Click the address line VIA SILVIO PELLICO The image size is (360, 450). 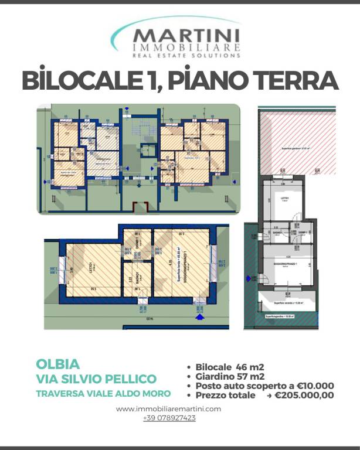96,379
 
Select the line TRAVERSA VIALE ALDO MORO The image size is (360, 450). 104,393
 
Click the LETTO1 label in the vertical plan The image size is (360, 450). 284,199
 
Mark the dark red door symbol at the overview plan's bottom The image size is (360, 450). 140,207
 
